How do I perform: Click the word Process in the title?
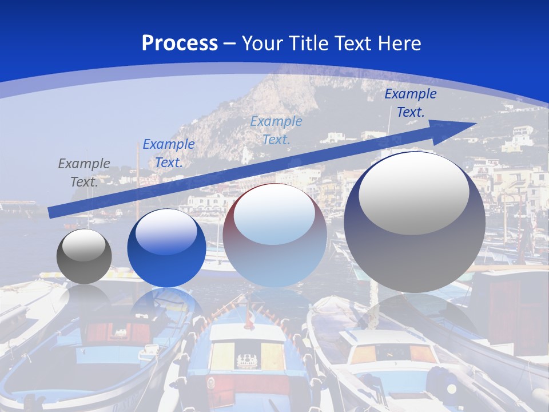coord(180,43)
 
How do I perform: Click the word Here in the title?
coord(400,43)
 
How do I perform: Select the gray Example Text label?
coord(84,173)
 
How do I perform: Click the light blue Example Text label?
coord(276,130)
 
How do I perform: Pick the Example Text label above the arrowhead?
coord(410,103)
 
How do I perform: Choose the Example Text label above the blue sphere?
coord(169,153)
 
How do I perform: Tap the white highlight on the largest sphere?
coord(414,193)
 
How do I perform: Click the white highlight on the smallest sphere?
coord(84,245)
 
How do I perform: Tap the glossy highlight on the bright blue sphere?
coord(166,232)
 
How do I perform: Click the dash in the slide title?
coord(230,44)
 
